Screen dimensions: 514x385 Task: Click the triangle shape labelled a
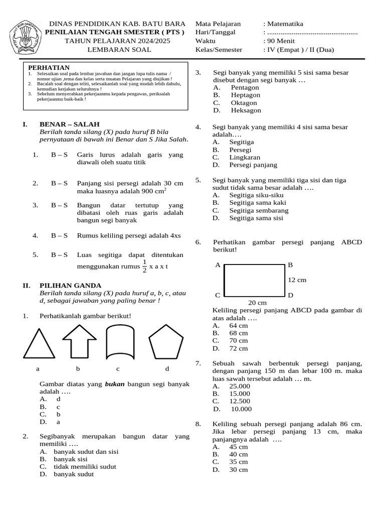38,344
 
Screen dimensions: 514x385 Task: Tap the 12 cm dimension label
297,280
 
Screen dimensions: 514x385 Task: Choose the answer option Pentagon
245,87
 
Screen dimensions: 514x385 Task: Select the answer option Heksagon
246,110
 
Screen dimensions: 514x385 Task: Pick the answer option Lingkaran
246,157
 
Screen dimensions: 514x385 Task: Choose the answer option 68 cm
239,333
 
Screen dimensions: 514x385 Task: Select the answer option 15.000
240,394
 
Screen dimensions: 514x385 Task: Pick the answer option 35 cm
239,462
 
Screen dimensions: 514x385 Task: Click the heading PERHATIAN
49,68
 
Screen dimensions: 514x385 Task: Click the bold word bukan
115,384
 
